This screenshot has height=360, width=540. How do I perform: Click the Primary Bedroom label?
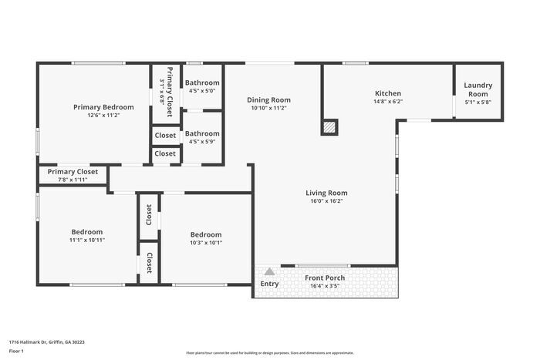[103, 107]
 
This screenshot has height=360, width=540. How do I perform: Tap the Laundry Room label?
[478, 89]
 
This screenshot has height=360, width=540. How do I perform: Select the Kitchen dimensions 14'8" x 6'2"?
[387, 101]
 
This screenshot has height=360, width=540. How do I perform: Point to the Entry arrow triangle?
[268, 272]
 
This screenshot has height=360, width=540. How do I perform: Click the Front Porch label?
[324, 278]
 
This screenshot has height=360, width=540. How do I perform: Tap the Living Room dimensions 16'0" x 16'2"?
[326, 202]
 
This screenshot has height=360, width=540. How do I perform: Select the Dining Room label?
[268, 99]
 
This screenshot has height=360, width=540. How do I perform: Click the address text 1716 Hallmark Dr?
[46, 341]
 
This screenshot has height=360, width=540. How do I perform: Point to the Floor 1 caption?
[17, 351]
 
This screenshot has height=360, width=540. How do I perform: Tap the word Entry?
[269, 284]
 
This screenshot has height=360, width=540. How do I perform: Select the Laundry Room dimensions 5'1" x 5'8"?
[478, 102]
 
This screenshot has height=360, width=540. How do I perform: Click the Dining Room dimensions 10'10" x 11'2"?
[268, 109]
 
